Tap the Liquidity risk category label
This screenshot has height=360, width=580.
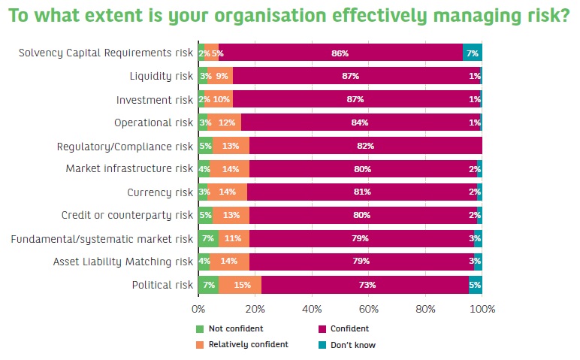click(162, 76)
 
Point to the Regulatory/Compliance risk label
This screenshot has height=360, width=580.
click(125, 146)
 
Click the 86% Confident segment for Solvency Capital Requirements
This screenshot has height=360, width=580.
click(340, 53)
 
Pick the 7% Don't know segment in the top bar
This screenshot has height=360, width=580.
click(472, 53)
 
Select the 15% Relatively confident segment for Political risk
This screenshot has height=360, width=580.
click(240, 285)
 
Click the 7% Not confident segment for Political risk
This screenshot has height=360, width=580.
click(208, 285)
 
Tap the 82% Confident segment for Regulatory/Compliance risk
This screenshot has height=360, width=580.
click(365, 146)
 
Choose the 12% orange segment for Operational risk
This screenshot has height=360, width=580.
click(224, 123)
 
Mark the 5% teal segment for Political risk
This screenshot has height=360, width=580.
click(475, 285)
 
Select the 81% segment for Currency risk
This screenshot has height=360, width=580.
click(362, 192)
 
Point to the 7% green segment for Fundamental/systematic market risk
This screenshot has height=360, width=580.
click(208, 239)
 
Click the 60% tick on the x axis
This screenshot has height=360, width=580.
click(368, 309)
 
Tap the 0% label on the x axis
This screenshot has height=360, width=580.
click(198, 309)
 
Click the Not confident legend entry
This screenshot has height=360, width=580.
click(234, 328)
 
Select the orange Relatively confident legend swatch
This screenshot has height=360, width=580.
click(200, 345)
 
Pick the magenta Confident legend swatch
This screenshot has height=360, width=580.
click(323, 328)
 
